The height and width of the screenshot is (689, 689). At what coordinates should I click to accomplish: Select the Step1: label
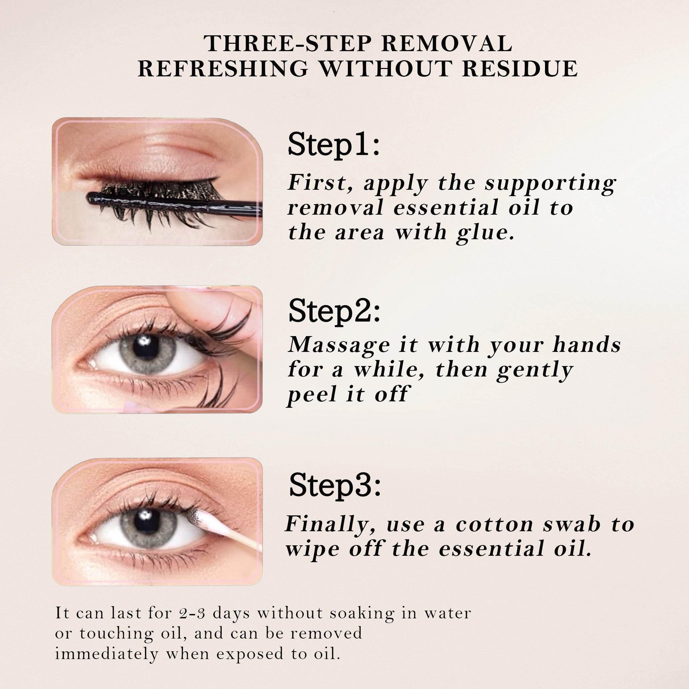(334, 145)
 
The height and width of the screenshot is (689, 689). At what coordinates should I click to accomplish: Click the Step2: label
(334, 311)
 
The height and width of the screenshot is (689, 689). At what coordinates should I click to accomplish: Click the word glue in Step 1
(485, 233)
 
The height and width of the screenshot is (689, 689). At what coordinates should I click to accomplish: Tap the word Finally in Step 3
(330, 524)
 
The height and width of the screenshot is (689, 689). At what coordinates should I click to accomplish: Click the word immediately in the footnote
(107, 654)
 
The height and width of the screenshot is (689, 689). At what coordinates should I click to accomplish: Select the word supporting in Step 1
(550, 184)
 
